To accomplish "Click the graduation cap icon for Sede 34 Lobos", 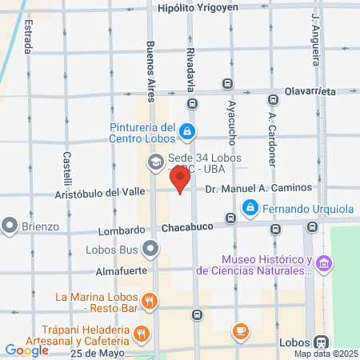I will pos(154,162).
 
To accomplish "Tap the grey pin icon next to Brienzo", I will pos(11,226).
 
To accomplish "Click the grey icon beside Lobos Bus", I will pos(151,250).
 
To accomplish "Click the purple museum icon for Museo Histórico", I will pos(324,263).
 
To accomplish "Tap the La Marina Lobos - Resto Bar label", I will pos(98,303).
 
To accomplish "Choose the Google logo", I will pos(26,350).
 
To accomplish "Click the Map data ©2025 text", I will pos(325,354).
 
